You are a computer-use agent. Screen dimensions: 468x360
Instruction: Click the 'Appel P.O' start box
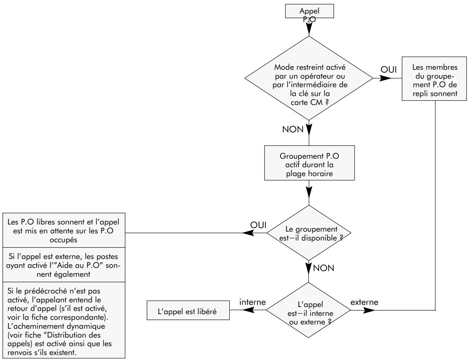[309, 11]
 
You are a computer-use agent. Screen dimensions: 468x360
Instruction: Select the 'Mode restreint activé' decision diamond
[309, 78]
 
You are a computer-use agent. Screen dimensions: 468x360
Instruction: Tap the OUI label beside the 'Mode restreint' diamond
[388, 69]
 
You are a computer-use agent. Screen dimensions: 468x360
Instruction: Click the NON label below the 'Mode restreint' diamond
[293, 129]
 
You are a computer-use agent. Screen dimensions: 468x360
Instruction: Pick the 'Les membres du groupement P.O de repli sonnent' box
[434, 79]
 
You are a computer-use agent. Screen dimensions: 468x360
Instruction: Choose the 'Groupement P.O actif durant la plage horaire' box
[310, 163]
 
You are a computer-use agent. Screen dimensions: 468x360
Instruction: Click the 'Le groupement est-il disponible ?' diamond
[309, 233]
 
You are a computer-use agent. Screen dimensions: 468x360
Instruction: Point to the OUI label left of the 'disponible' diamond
[258, 225]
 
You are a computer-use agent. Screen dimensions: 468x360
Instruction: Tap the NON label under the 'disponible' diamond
[323, 268]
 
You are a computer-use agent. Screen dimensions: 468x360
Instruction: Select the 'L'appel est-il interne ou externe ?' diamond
[308, 310]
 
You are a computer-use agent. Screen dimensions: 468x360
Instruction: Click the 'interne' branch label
[252, 302]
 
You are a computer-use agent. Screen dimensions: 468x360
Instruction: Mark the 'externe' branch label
[364, 302]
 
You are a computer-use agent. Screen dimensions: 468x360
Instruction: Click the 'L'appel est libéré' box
[188, 311]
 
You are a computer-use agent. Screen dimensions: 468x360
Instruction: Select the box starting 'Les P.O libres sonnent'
[64, 231]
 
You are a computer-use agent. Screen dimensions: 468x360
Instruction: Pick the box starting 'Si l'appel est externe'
[64, 265]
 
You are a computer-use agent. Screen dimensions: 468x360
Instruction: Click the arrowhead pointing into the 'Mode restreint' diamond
[309, 29]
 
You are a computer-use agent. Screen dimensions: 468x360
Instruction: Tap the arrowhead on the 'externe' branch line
[369, 311]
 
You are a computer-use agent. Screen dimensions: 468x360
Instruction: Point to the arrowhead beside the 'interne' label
[248, 310]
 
